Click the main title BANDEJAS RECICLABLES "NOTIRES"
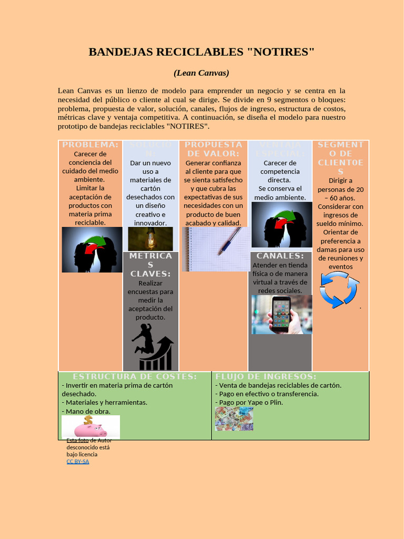pyautogui.click(x=201, y=52)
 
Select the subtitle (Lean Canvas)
pyautogui.click(x=201, y=73)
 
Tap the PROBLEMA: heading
pyautogui.click(x=90, y=145)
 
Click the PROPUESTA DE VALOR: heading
pyautogui.click(x=213, y=149)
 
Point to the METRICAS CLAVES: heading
pyautogui.click(x=150, y=265)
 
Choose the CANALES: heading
pyautogui.click(x=280, y=256)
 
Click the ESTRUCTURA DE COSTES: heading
pyautogui.click(x=135, y=376)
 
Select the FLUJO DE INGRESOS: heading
pyautogui.click(x=266, y=376)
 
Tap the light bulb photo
pyautogui.click(x=150, y=239)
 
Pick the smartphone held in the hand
pyautogui.click(x=281, y=314)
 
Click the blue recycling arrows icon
pyautogui.click(x=339, y=290)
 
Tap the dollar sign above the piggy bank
pyautogui.click(x=88, y=420)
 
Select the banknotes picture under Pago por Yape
pyautogui.click(x=234, y=418)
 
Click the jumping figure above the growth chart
pyautogui.click(x=143, y=338)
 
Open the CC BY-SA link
pyautogui.click(x=78, y=462)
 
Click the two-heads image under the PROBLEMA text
pyautogui.click(x=92, y=249)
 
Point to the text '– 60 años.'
pyautogui.click(x=340, y=198)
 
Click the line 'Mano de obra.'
pyautogui.click(x=82, y=411)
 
